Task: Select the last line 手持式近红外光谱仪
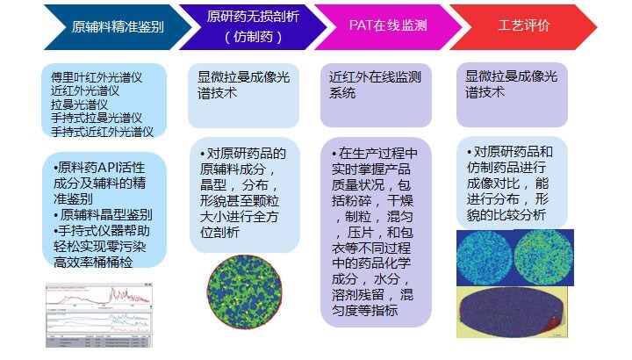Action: coord(102,132)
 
